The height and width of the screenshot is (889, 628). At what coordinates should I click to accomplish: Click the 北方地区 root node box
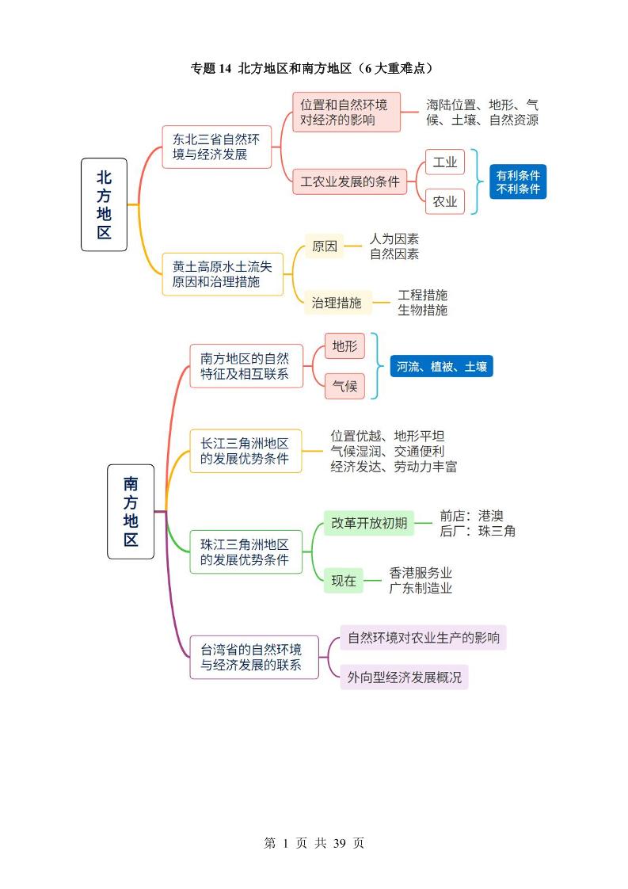pyautogui.click(x=104, y=204)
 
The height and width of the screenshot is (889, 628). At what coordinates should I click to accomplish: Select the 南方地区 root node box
pyautogui.click(x=131, y=511)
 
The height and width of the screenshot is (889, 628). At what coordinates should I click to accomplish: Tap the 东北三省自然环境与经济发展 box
pyautogui.click(x=217, y=147)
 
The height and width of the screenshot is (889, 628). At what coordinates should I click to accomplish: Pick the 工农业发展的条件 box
pyautogui.click(x=349, y=181)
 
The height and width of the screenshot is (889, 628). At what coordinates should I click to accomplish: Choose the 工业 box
pyautogui.click(x=445, y=162)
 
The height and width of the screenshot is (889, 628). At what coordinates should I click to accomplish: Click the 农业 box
pyautogui.click(x=445, y=201)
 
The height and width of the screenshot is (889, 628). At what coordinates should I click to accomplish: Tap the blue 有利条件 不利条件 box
pyautogui.click(x=518, y=181)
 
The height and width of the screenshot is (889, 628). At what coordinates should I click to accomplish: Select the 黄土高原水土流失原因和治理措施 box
pyautogui.click(x=223, y=274)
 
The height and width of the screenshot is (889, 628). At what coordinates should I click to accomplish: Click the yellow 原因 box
pyautogui.click(x=325, y=246)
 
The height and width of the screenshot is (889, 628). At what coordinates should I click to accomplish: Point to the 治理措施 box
pyautogui.click(x=337, y=302)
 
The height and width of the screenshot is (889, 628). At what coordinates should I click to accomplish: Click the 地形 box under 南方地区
pyautogui.click(x=344, y=346)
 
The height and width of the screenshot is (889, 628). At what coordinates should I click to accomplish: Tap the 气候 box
pyautogui.click(x=344, y=386)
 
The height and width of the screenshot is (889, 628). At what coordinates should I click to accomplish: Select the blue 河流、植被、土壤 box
pyautogui.click(x=441, y=366)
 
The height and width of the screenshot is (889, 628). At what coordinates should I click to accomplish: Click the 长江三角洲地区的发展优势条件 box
pyautogui.click(x=245, y=451)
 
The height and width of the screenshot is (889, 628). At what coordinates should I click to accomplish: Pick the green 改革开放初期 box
pyautogui.click(x=369, y=523)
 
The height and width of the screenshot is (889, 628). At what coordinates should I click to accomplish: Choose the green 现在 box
pyautogui.click(x=344, y=580)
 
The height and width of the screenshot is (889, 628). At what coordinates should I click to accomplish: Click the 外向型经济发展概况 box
pyautogui.click(x=404, y=677)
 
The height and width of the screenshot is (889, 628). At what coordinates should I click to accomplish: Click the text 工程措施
pyautogui.click(x=422, y=295)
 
